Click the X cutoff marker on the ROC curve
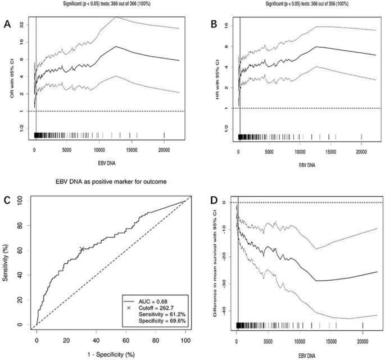tap(82, 249)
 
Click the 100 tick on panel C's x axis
tap(184, 339)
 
